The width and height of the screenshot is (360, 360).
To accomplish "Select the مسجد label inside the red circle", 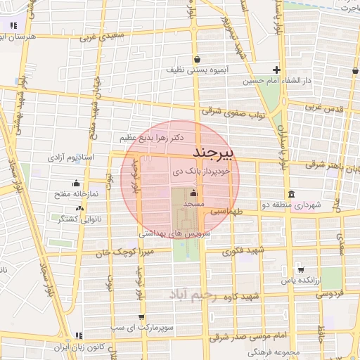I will point(193,203).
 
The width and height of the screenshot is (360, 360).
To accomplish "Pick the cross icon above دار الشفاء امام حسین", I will point(277,70).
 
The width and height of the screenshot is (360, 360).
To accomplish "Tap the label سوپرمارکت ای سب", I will point(118,328).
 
